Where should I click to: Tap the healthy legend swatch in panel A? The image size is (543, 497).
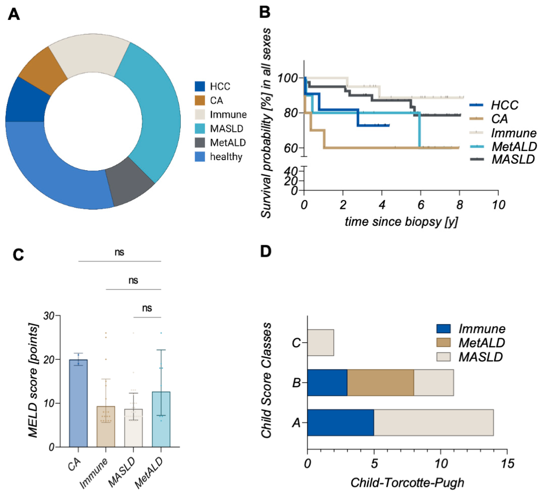(x=200, y=157)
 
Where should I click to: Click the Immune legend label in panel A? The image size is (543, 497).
(x=228, y=115)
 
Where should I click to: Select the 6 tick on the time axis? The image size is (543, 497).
(x=421, y=205)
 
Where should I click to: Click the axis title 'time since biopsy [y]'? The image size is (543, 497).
(x=401, y=222)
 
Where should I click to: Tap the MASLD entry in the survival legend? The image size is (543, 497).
(x=513, y=159)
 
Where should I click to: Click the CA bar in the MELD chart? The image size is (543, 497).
(x=78, y=404)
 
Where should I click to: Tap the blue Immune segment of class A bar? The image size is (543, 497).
(x=340, y=423)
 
